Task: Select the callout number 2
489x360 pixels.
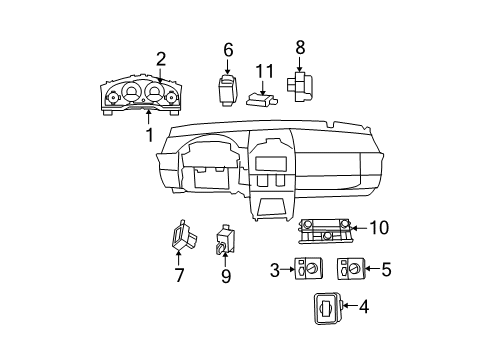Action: pyautogui.click(x=160, y=58)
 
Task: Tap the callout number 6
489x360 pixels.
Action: pyautogui.click(x=227, y=49)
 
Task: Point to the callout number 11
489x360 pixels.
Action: pyautogui.click(x=263, y=70)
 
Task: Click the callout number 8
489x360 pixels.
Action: pyautogui.click(x=299, y=46)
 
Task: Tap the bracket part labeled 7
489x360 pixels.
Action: pyautogui.click(x=180, y=236)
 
